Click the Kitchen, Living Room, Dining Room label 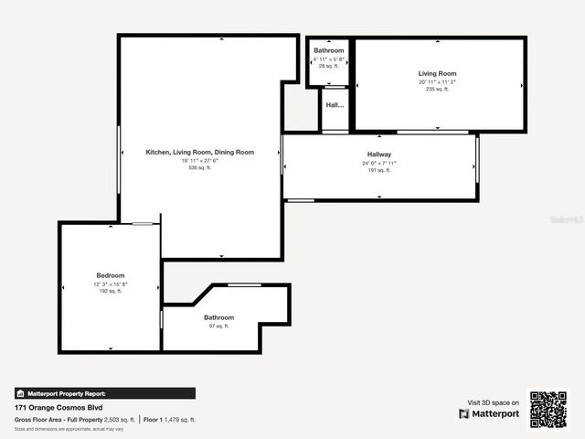click(200, 152)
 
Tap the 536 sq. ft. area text click(200, 168)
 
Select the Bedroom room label click(111, 275)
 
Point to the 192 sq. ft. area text click(111, 291)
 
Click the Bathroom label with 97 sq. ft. click(218, 317)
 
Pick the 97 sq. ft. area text click(218, 326)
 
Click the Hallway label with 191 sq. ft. click(379, 154)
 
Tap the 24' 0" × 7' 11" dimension click(379, 163)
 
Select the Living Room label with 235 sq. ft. click(438, 73)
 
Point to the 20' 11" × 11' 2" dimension click(438, 81)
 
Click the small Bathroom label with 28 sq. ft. click(329, 50)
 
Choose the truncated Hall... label click(335, 105)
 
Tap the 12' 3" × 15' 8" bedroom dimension click(111, 284)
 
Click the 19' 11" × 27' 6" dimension click(200, 160)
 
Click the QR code click(548, 410)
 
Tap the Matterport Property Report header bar click(104, 393)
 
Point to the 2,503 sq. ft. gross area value click(119, 420)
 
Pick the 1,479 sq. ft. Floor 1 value click(180, 420)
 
